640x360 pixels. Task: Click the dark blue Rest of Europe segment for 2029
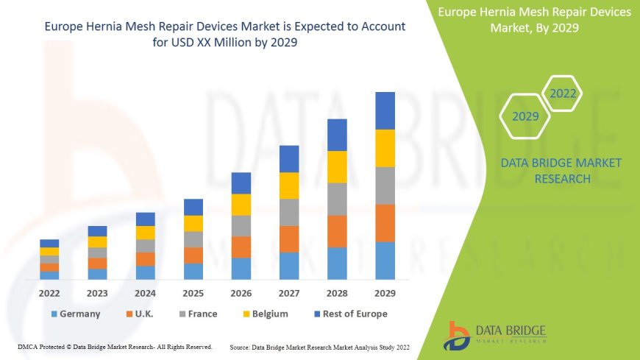[x=385, y=110]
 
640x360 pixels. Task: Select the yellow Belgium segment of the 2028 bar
[x=337, y=166]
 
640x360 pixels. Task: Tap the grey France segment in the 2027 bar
[x=289, y=212]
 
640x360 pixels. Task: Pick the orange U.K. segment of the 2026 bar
[x=241, y=247]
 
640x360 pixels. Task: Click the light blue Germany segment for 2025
[x=193, y=271]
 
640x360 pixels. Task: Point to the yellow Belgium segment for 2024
[x=146, y=233]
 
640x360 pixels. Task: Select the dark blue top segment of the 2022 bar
[x=49, y=243]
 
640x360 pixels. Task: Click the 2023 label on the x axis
[x=97, y=292]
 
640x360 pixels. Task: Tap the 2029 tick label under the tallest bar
[x=385, y=292]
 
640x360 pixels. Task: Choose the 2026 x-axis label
[x=241, y=292]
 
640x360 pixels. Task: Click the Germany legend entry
[x=75, y=314]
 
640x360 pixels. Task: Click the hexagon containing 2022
[x=563, y=93]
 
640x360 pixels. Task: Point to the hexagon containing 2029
[x=525, y=116]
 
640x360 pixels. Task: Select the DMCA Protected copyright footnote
[x=115, y=346]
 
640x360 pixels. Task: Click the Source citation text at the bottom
[x=319, y=346]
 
